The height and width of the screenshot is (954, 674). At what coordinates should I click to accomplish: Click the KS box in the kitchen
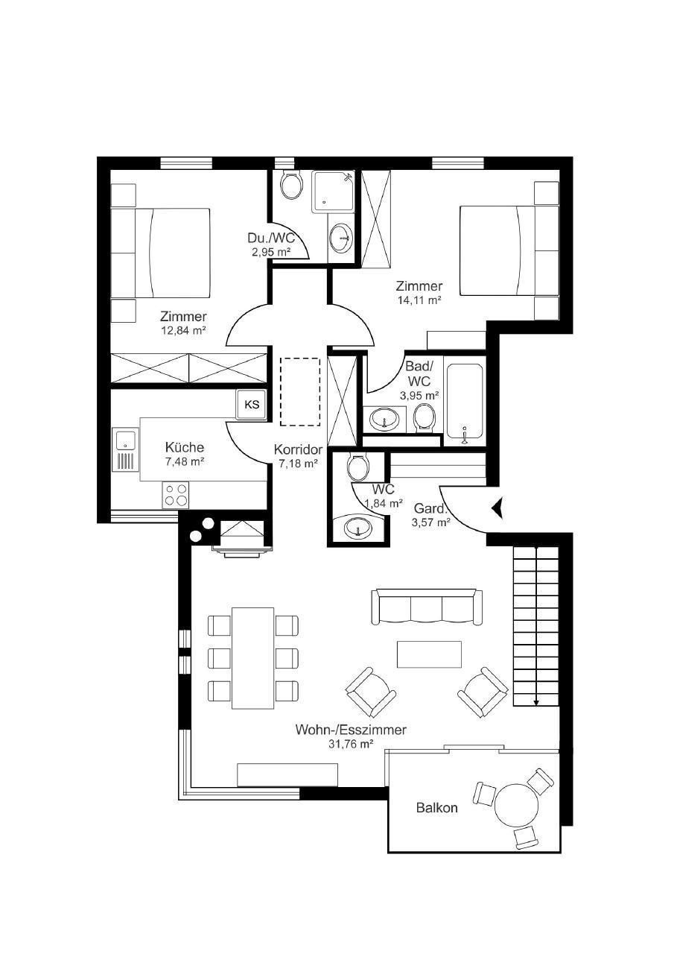(x=252, y=404)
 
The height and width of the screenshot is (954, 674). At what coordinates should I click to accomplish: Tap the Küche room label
(x=185, y=448)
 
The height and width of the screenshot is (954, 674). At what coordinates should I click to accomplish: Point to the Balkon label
(x=437, y=807)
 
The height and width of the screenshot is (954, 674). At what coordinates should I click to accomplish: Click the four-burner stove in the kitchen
(x=175, y=494)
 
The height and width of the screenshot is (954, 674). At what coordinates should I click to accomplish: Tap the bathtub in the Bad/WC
(x=464, y=401)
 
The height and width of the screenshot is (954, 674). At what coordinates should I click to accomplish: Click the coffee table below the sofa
(x=429, y=654)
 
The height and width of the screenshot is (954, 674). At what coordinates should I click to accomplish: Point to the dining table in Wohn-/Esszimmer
(x=252, y=658)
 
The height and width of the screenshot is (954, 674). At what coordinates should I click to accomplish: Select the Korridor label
(x=298, y=449)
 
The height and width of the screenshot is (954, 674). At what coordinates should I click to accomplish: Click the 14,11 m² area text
(x=419, y=300)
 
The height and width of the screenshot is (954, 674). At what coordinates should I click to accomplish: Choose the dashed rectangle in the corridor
(x=300, y=391)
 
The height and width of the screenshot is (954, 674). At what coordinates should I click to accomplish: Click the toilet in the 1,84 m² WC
(x=357, y=467)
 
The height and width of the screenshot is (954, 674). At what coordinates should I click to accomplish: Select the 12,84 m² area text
(x=184, y=330)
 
